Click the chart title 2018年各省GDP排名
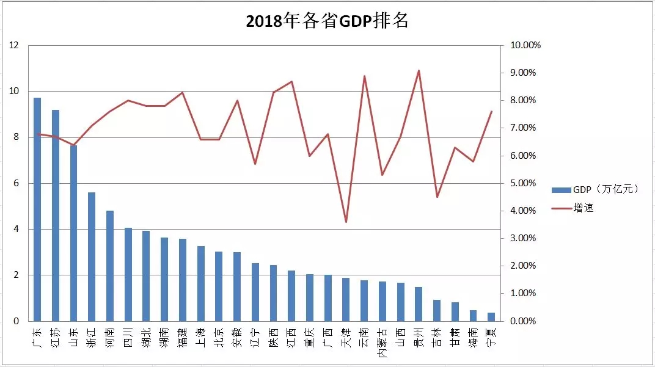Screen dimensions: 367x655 [327, 21]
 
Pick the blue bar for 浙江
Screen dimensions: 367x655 [92, 256]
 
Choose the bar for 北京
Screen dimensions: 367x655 [219, 286]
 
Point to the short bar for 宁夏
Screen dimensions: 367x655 [491, 317]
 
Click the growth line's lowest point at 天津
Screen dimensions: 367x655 [346, 222]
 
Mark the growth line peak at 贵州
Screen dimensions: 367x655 [419, 70]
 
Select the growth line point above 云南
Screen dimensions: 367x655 [364, 76]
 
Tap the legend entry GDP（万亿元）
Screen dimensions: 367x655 [596, 189]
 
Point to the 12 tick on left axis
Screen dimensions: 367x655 [14, 45]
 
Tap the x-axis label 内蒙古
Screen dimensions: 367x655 [382, 343]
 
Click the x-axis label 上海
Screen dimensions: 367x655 [201, 337]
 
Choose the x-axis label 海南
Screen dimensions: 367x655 [473, 337]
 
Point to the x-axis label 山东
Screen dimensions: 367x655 [74, 337]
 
